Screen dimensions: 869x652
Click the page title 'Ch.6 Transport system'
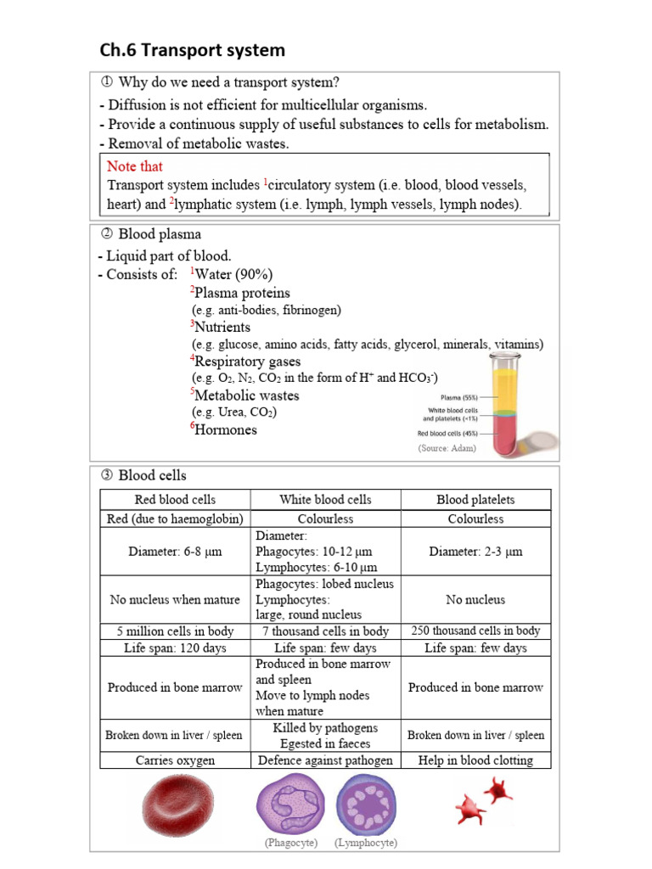click(x=192, y=50)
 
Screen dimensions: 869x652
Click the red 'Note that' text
click(x=134, y=166)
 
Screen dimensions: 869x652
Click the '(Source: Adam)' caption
click(x=447, y=448)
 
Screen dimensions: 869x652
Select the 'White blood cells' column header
click(x=325, y=500)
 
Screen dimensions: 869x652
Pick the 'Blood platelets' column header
click(x=475, y=500)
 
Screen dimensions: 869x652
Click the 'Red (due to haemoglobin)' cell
click(x=175, y=519)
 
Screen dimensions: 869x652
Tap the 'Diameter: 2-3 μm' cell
click(x=475, y=552)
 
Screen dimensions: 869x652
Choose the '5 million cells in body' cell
click(x=175, y=631)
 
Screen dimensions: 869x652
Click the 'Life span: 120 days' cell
click(x=175, y=648)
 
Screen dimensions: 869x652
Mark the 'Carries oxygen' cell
click(x=175, y=760)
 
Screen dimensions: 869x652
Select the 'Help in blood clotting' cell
click(x=475, y=760)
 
